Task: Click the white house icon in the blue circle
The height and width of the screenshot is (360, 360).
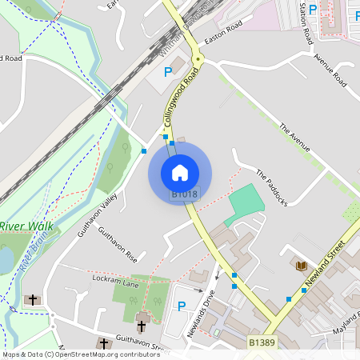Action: pyautogui.click(x=180, y=172)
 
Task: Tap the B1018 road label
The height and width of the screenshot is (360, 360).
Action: pyautogui.click(x=184, y=194)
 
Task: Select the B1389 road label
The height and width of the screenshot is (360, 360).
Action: pyautogui.click(x=261, y=342)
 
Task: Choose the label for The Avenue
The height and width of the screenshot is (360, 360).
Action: pyautogui.click(x=294, y=137)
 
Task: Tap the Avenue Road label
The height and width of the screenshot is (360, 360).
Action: pyautogui.click(x=331, y=70)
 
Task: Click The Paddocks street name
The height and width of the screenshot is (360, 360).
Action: pyautogui.click(x=271, y=188)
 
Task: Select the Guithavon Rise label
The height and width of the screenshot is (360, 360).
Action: pyautogui.click(x=118, y=245)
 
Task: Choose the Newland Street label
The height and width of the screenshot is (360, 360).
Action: pyautogui.click(x=326, y=263)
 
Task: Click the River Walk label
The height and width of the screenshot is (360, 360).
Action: pyautogui.click(x=26, y=226)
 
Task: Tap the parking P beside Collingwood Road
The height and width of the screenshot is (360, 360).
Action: pyautogui.click(x=168, y=72)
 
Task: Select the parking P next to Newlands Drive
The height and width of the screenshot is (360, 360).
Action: pyautogui.click(x=182, y=306)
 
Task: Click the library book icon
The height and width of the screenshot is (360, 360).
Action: pyautogui.click(x=301, y=265)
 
